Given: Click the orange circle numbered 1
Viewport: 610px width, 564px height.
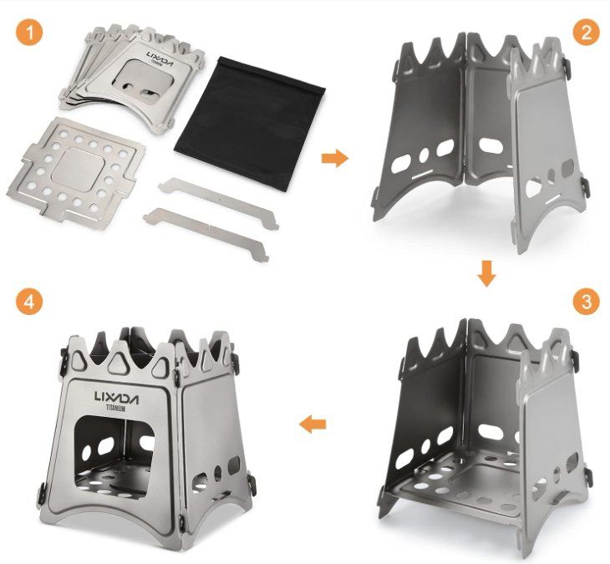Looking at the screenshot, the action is (29, 33).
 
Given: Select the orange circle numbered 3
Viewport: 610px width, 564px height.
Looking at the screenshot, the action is (587, 302).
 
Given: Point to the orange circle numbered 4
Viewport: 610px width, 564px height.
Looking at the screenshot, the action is (29, 302).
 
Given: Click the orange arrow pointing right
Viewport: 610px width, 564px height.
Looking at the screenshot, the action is (335, 158).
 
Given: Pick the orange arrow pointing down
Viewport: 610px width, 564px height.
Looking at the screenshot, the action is (486, 274).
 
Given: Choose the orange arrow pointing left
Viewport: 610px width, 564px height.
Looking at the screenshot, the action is (313, 424).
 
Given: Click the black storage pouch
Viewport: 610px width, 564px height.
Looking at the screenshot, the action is (250, 124).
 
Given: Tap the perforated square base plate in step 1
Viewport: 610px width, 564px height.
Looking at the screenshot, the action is (76, 172).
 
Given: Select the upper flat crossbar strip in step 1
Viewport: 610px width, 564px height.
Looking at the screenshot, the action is (218, 203).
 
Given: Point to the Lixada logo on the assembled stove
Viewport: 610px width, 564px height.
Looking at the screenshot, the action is (116, 398).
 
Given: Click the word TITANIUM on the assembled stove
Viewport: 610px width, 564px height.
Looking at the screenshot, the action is (116, 409).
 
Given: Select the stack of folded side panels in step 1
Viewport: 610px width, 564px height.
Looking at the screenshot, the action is (132, 78).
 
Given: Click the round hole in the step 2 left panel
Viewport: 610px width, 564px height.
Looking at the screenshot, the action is (424, 155).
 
